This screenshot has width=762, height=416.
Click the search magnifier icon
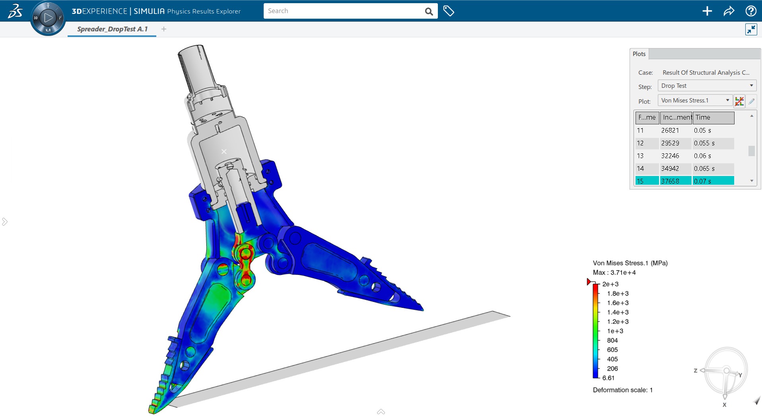[x=429, y=12]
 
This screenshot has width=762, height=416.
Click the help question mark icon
[x=750, y=11]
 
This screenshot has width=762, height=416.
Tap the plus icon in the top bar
[x=707, y=11]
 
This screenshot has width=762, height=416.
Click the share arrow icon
[x=729, y=11]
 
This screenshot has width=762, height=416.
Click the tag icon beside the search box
[x=449, y=11]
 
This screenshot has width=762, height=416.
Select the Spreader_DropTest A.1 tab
[x=112, y=29]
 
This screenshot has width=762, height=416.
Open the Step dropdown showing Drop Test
[x=707, y=86]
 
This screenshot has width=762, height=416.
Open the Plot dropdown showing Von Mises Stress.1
[x=695, y=101]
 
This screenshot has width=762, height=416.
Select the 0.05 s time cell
[x=702, y=130]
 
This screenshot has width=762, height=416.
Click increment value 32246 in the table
[x=670, y=156]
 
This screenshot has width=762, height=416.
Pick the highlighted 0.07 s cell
[x=702, y=181]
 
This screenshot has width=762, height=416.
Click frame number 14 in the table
[x=640, y=168]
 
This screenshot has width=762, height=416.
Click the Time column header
[x=713, y=118]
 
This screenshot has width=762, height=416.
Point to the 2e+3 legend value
[x=610, y=284]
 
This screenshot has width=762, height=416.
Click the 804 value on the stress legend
[x=612, y=341]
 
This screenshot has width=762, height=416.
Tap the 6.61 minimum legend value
[x=608, y=378]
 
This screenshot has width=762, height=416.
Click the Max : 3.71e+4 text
[x=614, y=273]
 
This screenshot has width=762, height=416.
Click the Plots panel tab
[x=639, y=54]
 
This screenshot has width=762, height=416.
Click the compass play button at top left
[x=48, y=17]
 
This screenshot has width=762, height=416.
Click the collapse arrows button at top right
[x=751, y=29]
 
